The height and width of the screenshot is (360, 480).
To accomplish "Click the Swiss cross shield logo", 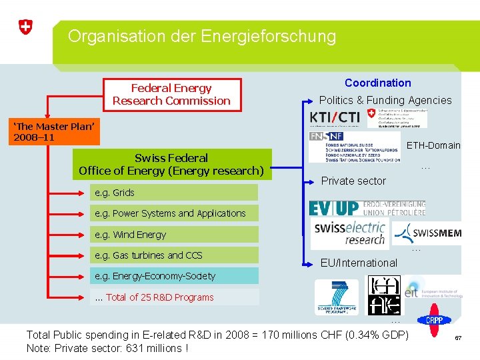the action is [25, 27].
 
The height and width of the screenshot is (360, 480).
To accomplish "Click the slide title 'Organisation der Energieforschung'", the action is [201, 36].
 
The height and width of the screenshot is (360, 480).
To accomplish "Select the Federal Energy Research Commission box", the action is [171, 95].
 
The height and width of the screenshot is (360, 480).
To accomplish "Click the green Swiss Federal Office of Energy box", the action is [171, 164].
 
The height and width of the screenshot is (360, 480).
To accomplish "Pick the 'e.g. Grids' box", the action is [174, 193].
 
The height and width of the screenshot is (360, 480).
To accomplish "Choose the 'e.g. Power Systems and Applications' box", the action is [174, 213].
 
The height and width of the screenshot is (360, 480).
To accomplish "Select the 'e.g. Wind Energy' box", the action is [174, 235].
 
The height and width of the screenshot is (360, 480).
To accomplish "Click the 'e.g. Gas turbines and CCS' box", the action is [174, 255].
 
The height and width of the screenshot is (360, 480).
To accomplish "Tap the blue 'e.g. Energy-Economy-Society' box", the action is [174, 276].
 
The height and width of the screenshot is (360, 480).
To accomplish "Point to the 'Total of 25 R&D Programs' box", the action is [174, 297].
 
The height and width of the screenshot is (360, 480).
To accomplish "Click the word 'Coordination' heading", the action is [377, 83].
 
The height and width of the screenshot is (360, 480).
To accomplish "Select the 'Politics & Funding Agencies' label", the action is [385, 101].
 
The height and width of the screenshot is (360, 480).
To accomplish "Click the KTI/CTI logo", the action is [335, 118].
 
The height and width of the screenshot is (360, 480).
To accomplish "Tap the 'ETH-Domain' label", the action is [433, 145].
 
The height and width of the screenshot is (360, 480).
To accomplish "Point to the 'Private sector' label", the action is [353, 181].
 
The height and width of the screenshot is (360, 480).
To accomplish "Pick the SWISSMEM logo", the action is [427, 234].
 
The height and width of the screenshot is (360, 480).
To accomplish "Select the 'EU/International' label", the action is [359, 263].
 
